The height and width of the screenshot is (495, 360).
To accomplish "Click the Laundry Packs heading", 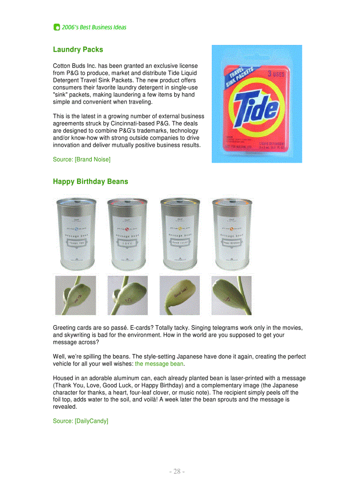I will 78,50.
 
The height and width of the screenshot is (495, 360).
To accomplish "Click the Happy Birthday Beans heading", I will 90,182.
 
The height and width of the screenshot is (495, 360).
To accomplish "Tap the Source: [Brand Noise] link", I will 82,159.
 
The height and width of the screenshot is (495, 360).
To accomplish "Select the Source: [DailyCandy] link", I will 80,421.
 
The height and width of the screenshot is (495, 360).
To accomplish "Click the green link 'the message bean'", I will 159,364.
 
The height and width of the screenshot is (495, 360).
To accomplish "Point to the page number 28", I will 177,472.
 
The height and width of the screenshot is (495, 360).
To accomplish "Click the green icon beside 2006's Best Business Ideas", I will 56,27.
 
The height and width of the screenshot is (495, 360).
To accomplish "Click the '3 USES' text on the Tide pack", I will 277,75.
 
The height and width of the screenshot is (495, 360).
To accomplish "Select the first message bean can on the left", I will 75,234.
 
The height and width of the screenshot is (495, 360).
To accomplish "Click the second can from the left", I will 127,234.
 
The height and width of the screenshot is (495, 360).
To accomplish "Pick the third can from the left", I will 179,234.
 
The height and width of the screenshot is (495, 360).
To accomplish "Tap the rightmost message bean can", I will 232,234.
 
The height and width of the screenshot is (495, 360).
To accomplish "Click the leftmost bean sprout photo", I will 75,295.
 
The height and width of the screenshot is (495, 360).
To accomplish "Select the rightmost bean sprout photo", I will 232,295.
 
